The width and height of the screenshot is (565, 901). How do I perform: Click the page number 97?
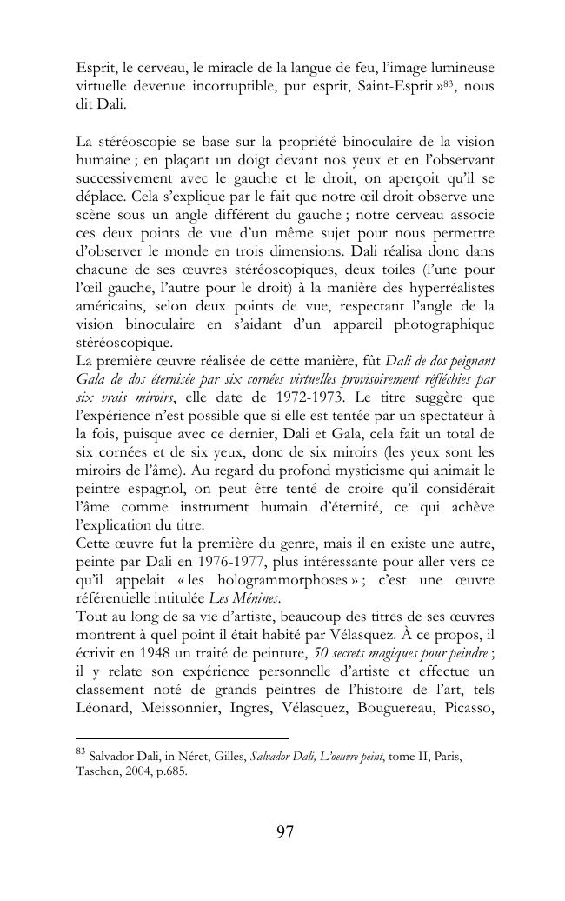point(284,832)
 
